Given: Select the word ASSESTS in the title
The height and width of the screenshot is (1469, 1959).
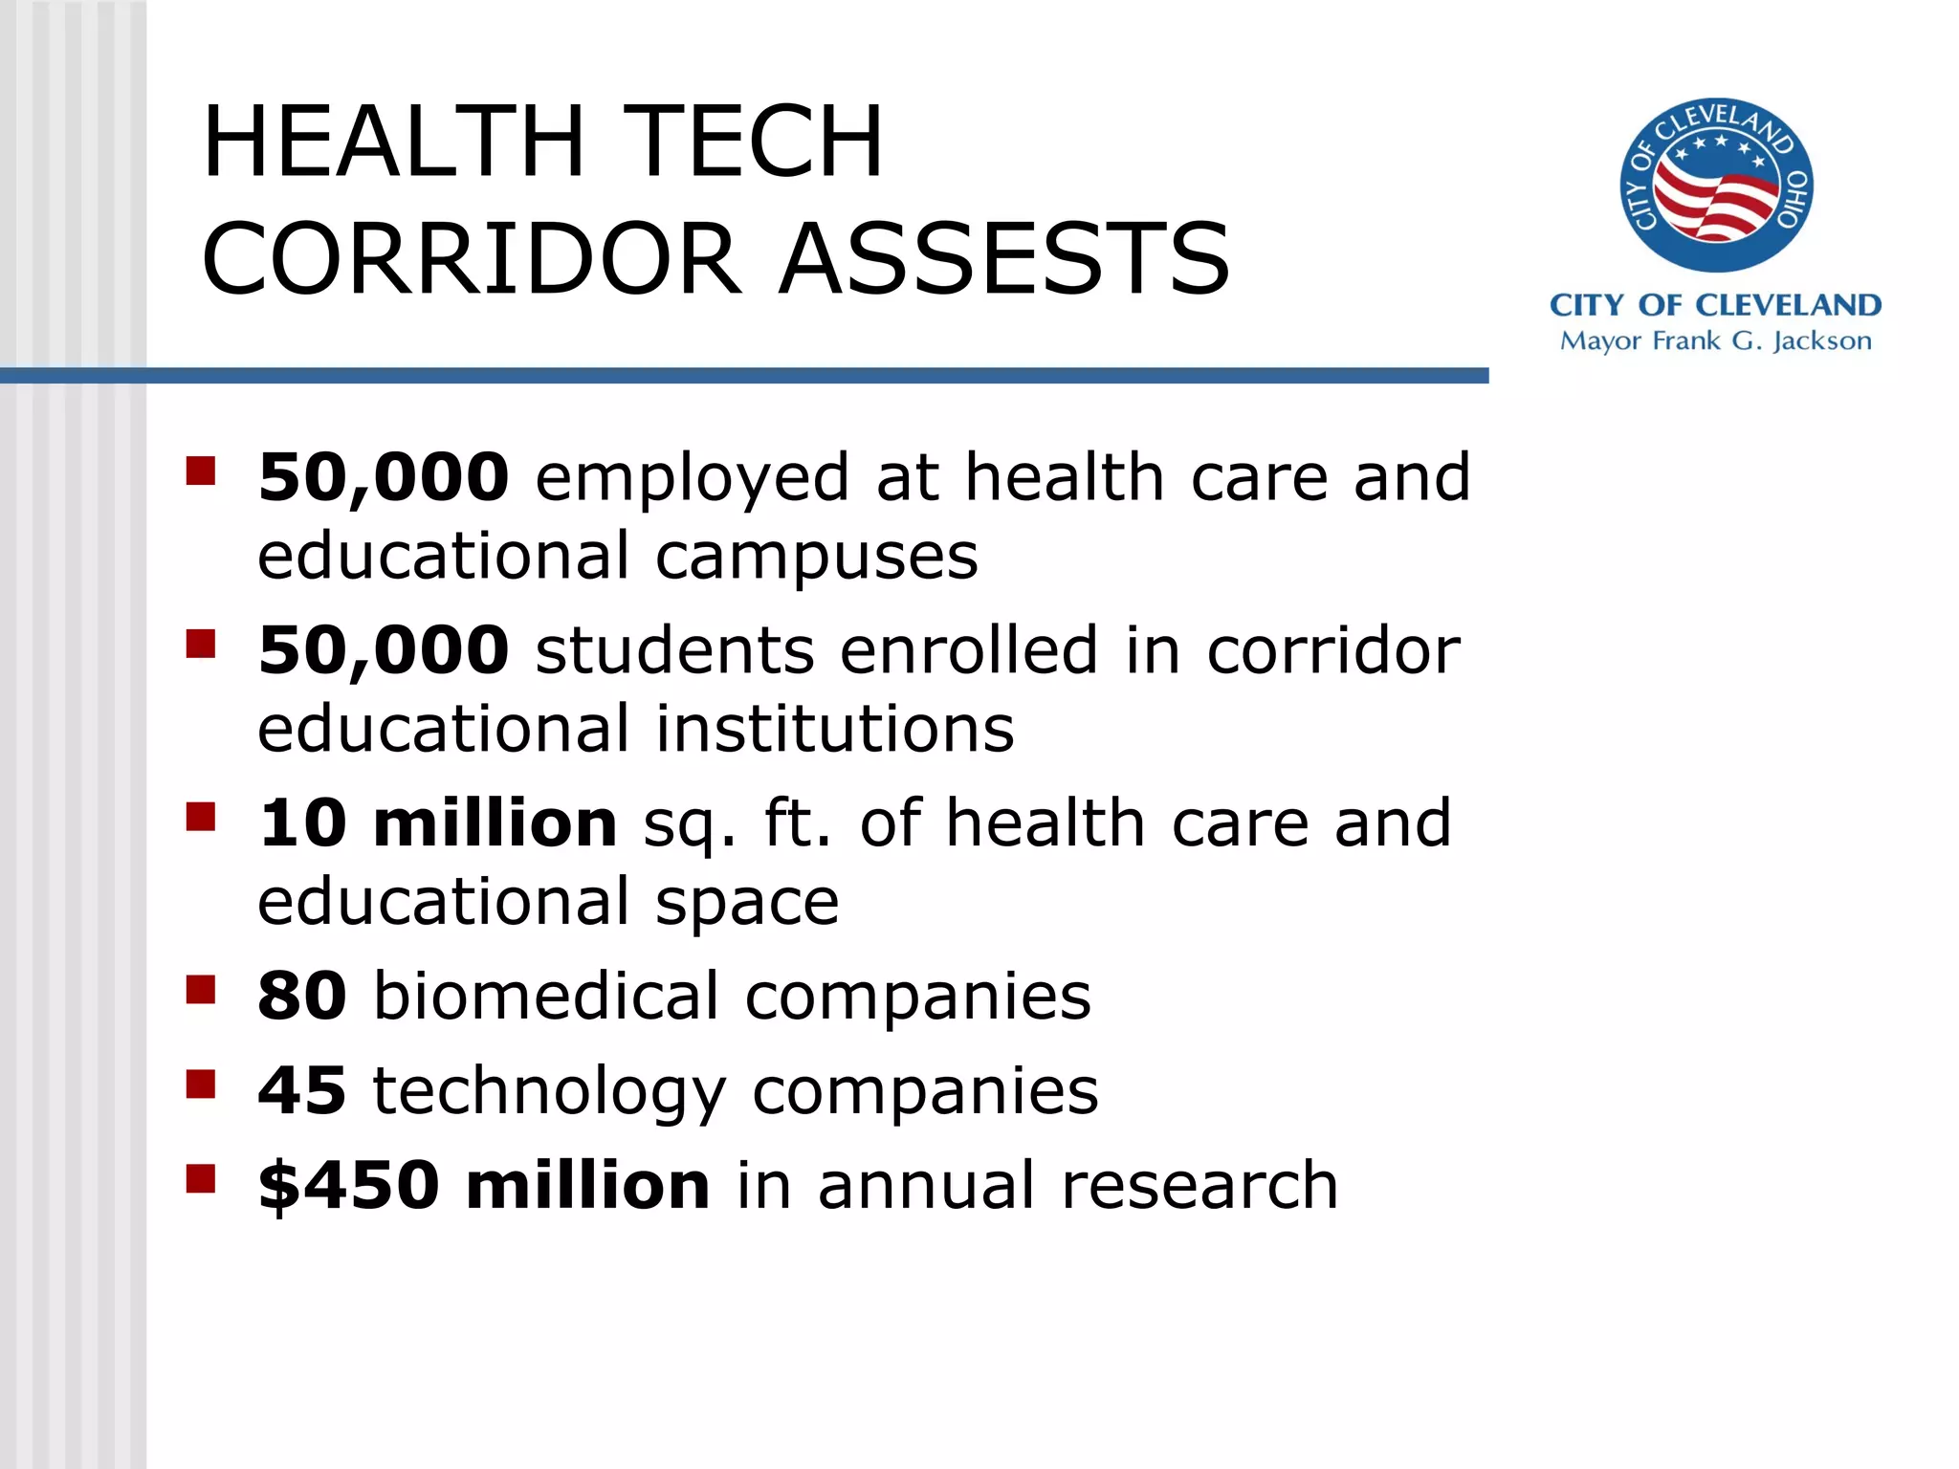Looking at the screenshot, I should pos(1004,258).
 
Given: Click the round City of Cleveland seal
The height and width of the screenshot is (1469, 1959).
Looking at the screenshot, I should pos(1716,185).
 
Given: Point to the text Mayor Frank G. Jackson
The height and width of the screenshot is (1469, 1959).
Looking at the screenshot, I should pos(1715,341).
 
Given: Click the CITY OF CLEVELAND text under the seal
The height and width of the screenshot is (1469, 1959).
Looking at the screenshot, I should pos(1715,305).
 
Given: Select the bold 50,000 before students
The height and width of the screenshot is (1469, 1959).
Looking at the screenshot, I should pos(384,649).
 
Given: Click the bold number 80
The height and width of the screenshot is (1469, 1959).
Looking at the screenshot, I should pos(302,996).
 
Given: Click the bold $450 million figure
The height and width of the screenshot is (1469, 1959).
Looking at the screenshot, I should pos(484,1185).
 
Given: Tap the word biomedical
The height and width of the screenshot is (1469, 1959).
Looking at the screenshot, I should pos(546,996).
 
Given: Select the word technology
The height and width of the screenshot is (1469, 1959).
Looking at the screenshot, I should pos(549,1092).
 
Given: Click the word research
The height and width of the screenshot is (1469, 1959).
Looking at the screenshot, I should pos(1200,1185).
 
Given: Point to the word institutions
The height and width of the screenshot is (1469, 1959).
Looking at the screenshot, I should pos(834,728).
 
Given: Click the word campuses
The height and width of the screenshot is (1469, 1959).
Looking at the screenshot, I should pos(817,557).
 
